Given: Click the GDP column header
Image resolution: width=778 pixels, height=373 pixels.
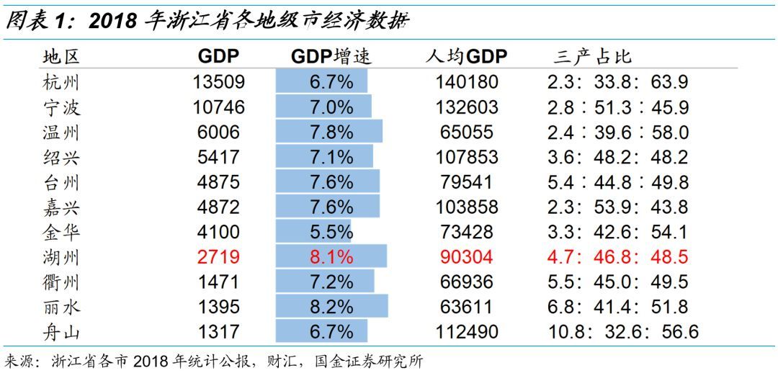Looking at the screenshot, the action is click(218, 57).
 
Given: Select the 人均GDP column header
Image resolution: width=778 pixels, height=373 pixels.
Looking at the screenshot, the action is click(466, 57).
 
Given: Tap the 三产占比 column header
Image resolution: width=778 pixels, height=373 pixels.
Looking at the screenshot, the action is click(593, 57).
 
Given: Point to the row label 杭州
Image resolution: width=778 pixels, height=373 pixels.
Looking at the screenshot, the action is click(61, 82).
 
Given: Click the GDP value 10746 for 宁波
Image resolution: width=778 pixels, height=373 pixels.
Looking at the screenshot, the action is click(218, 107).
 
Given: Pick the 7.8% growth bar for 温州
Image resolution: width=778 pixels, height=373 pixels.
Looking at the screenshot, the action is click(329, 132).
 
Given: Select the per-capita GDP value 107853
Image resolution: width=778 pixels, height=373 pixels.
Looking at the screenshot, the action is click(466, 157).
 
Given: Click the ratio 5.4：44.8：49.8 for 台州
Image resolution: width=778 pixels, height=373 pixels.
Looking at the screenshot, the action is click(618, 182).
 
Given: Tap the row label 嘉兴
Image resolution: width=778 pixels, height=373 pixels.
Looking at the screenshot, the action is click(61, 207).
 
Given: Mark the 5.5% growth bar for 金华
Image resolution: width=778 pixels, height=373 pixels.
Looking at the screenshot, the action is click(313, 231).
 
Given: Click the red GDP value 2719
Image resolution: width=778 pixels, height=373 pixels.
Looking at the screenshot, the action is click(218, 257).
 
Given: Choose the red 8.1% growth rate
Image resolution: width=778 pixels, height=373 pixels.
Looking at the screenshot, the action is click(331, 257).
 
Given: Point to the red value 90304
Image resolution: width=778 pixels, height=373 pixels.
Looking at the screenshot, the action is click(466, 257).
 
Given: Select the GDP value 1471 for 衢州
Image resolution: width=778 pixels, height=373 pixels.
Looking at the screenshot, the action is click(218, 282).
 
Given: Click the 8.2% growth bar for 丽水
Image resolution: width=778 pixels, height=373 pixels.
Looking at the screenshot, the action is click(332, 306).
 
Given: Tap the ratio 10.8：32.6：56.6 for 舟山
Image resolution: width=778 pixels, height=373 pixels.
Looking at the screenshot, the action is click(623, 331).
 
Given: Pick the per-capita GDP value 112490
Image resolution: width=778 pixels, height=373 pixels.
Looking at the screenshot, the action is click(466, 331).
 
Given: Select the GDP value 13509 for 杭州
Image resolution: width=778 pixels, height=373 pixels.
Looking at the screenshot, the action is click(218, 82).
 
